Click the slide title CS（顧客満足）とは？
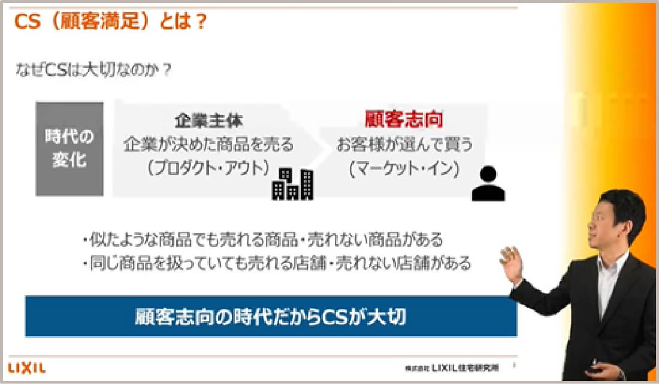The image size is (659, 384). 111,22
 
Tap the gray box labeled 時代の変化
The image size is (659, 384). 69,149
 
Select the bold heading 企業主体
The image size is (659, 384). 208,120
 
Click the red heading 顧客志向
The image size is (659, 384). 404,119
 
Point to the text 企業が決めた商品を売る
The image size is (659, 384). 208,144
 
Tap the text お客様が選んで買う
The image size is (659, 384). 404,144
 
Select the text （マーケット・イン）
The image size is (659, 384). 404,169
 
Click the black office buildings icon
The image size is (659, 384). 292,183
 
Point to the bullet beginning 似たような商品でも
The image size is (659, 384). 264,240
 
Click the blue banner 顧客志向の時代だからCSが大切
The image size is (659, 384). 271,316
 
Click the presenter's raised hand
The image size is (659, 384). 512,264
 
